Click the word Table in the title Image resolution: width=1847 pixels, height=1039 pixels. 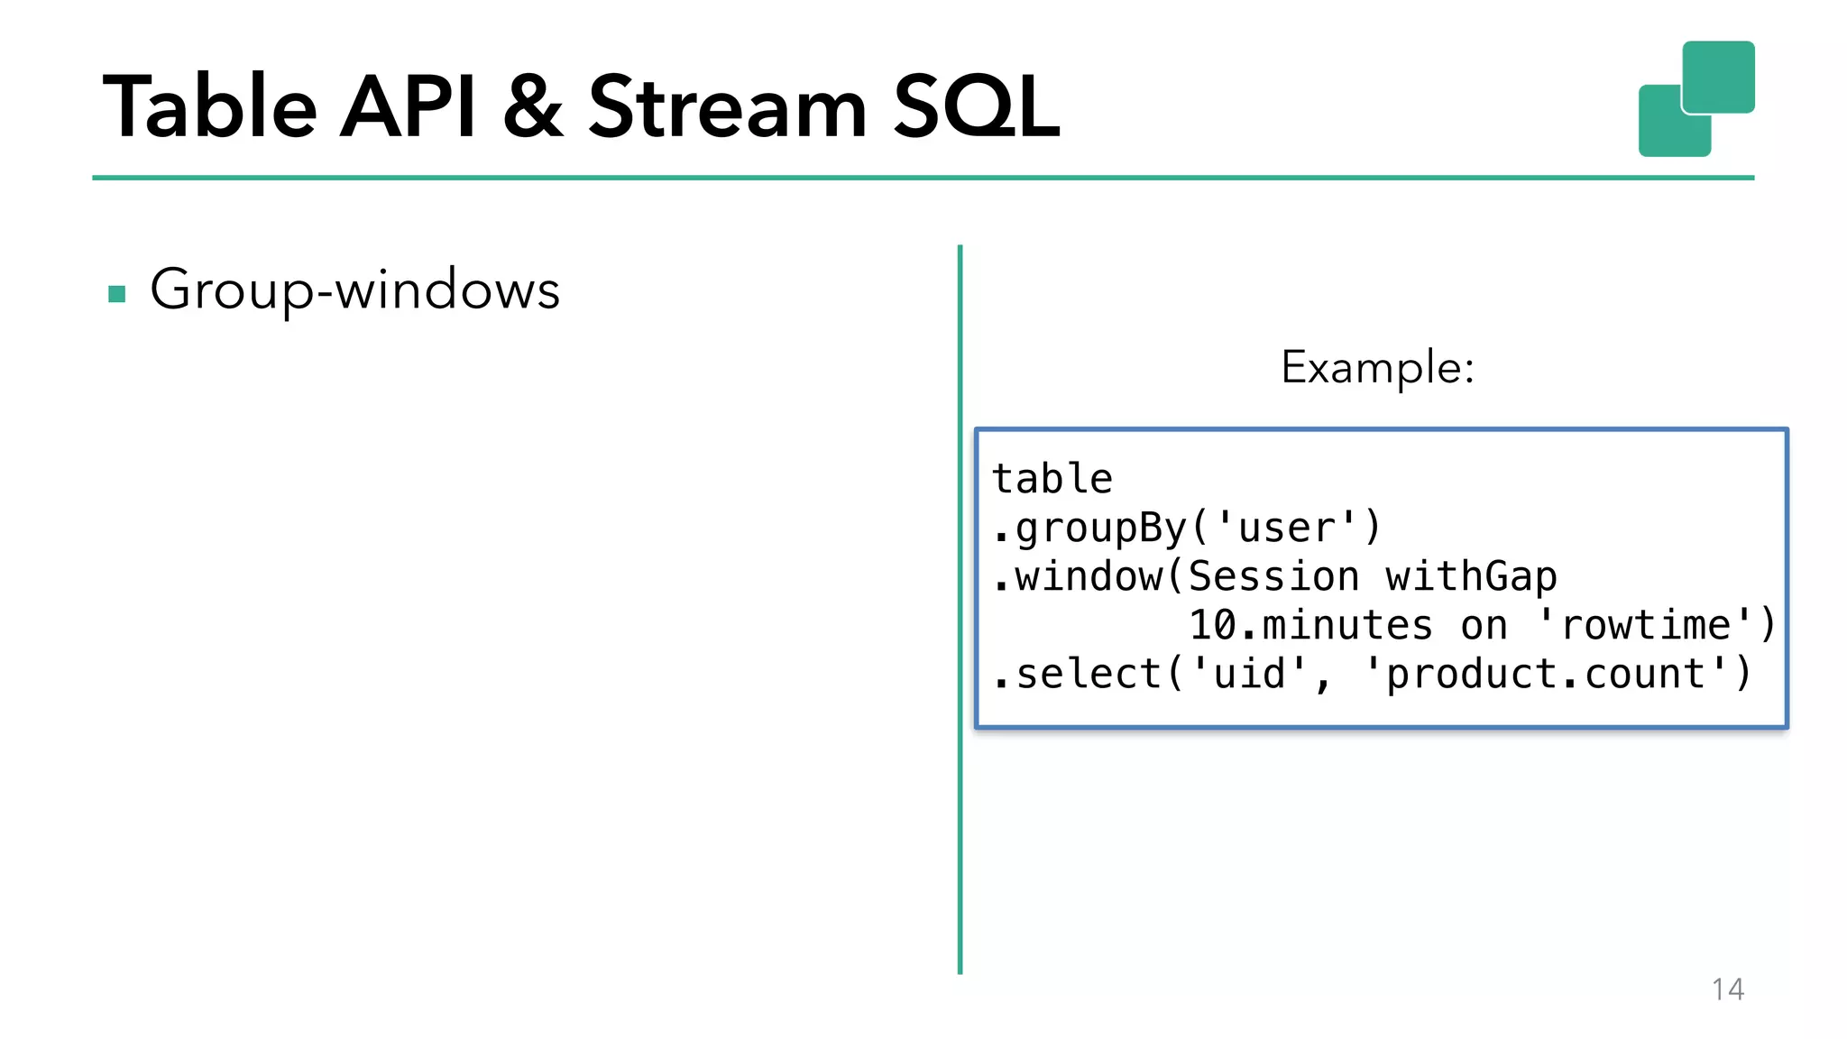[x=210, y=108]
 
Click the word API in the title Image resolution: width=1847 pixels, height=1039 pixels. [x=408, y=108]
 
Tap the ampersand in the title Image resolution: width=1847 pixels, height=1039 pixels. [x=533, y=108]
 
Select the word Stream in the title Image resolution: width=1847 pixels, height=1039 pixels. [x=727, y=108]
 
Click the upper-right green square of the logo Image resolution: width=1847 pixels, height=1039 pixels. [x=1719, y=76]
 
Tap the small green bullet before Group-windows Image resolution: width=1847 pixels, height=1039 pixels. [x=116, y=294]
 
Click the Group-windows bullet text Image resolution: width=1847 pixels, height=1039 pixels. [x=354, y=290]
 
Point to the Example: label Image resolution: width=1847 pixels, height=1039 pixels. [x=1377, y=368]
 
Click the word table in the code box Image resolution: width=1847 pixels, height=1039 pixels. [x=1052, y=479]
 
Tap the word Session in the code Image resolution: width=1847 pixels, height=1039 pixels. [x=1273, y=577]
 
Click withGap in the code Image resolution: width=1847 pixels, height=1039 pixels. [x=1471, y=577]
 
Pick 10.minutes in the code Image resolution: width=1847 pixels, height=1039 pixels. [x=1310, y=626]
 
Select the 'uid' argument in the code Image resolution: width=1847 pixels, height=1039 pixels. [x=1249, y=675]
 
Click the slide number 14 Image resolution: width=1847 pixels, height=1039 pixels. [x=1727, y=989]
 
